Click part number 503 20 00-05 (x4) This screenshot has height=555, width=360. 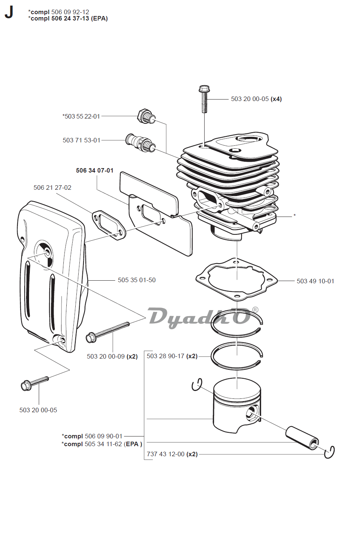coord(256,99)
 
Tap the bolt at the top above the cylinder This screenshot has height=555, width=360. coord(204,99)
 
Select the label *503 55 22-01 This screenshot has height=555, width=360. coord(81,116)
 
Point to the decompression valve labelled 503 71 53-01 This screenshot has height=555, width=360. coord(141,142)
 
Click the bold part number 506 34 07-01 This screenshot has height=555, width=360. coord(95,170)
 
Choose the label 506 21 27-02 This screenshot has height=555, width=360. coord(53,187)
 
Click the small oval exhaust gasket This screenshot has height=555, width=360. coord(109,225)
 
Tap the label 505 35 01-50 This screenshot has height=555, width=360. coord(137,280)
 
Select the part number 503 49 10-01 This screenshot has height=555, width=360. coord(315,281)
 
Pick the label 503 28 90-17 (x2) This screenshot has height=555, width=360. coord(172,356)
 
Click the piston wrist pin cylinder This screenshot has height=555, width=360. coord(302,438)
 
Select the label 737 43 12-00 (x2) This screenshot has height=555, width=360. coord(172,454)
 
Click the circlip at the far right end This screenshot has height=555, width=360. coord(329,452)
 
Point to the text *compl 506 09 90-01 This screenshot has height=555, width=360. coord(92,436)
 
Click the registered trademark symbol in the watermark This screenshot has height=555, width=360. coord(255,310)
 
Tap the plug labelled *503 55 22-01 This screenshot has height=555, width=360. coord(146,116)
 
